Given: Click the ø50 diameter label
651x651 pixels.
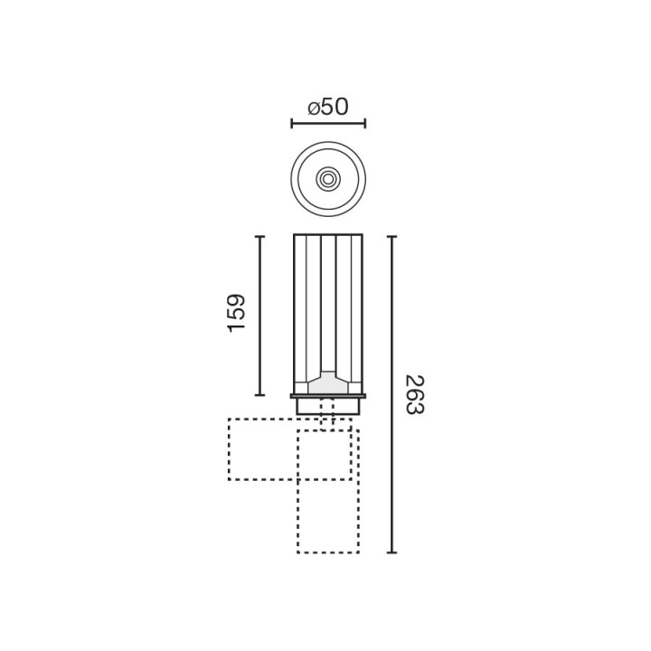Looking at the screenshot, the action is [328, 107].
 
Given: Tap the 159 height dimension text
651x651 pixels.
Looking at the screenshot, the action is [237, 313].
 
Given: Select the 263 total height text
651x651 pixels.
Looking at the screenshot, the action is [415, 395].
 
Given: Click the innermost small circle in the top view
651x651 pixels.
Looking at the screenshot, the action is [328, 179].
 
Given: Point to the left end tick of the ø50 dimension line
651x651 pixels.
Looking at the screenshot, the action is [292, 123].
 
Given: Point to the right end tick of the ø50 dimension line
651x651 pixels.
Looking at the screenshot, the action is [365, 123].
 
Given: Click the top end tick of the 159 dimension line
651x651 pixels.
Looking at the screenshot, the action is [259, 237].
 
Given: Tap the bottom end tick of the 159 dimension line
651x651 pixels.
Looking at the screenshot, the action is [259, 395].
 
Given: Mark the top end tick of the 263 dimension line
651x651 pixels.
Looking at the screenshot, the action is [392, 237].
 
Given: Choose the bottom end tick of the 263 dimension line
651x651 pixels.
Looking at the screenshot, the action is [392, 552].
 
